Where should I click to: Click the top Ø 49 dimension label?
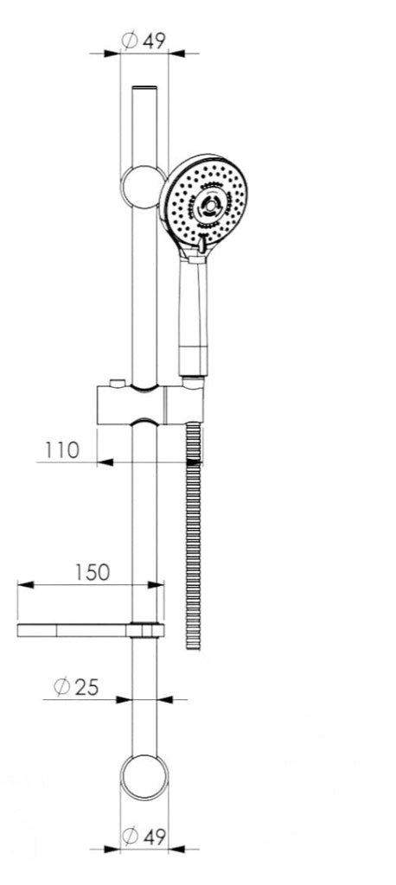pyautogui.click(x=144, y=41)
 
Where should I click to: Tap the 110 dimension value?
pyautogui.click(x=63, y=450)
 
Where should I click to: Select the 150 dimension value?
pyautogui.click(x=93, y=572)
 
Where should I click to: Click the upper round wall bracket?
pyautogui.click(x=144, y=187)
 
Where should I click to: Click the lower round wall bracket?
pyautogui.click(x=144, y=777)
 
